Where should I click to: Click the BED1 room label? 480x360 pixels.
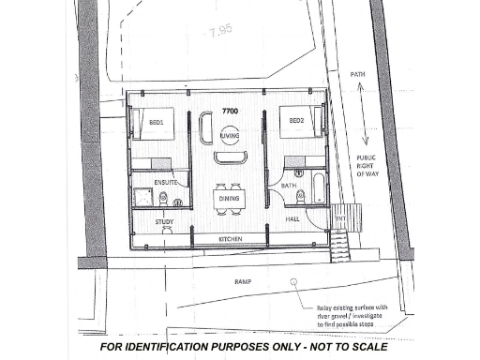[x=156, y=123]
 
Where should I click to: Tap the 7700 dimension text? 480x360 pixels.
[x=230, y=112]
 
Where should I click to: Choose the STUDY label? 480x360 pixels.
[x=165, y=222]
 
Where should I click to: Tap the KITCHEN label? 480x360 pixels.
[x=231, y=240]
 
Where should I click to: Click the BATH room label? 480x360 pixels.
[x=289, y=186]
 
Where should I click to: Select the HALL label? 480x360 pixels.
[x=292, y=218]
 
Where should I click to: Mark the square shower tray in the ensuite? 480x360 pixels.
[x=144, y=198]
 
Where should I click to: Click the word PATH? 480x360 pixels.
[x=357, y=73]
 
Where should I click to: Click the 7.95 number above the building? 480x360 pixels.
[x=221, y=30]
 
